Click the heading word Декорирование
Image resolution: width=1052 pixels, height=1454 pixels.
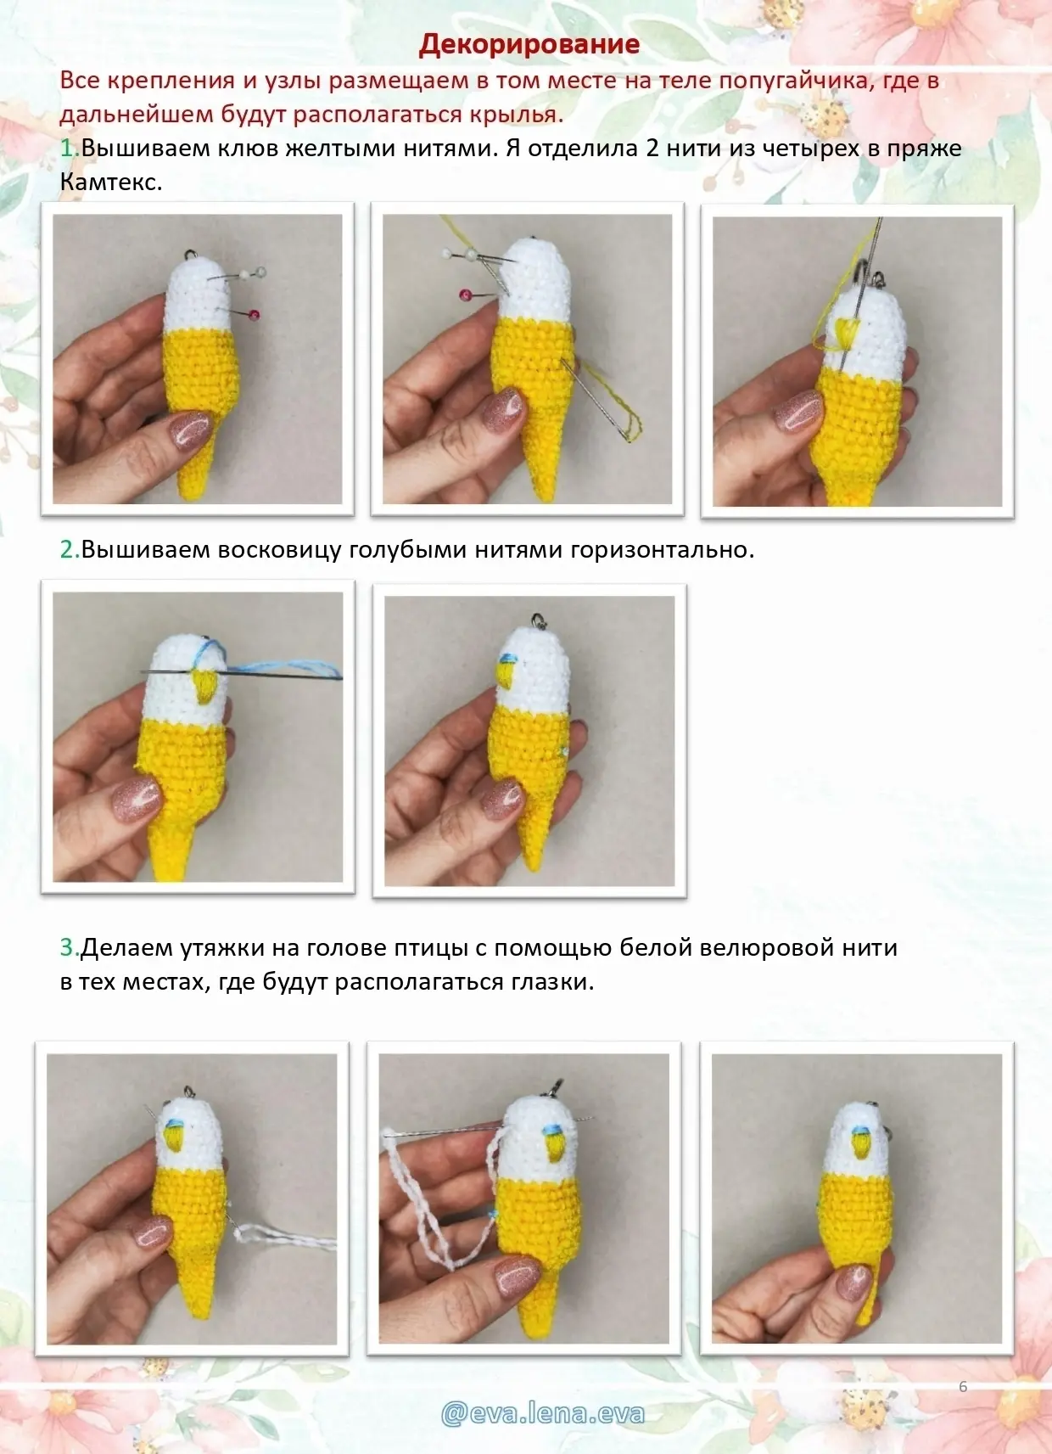[529, 44]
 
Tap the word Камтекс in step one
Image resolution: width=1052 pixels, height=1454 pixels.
[110, 182]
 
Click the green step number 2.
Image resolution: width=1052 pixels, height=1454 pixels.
[68, 549]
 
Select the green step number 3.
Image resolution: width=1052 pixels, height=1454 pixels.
[68, 947]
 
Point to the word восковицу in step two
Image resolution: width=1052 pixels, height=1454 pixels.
[279, 550]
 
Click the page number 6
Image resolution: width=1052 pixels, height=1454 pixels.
[963, 1386]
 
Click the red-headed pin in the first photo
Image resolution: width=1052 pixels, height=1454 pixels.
[254, 315]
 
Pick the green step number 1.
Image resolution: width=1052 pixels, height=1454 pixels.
[68, 148]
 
